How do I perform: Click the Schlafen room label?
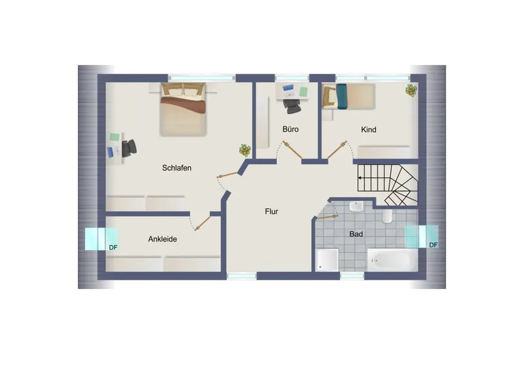[177, 168]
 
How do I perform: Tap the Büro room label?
[290, 129]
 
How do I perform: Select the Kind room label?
[369, 130]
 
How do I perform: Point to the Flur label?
[271, 212]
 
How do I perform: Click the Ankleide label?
[162, 239]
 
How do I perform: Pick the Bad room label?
[356, 234]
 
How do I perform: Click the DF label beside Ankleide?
[113, 248]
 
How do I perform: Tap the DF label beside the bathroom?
[433, 245]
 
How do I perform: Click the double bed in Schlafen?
[183, 109]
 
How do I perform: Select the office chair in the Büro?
[292, 105]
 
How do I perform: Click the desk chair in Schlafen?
[129, 148]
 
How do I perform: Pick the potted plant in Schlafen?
[245, 151]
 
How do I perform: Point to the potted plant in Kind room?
[411, 90]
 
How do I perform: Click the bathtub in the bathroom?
[392, 260]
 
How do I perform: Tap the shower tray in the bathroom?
[327, 260]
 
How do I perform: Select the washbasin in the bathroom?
[356, 206]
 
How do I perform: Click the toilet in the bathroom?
[387, 216]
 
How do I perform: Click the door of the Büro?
[292, 150]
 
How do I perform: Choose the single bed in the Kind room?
[348, 96]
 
